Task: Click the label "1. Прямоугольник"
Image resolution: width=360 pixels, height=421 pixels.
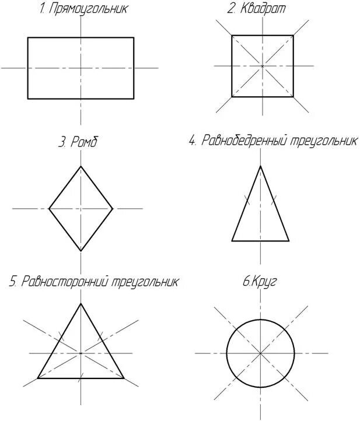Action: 84,9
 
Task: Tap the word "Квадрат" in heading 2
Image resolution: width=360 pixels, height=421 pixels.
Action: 267,9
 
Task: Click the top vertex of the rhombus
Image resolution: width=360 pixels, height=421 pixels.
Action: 81,166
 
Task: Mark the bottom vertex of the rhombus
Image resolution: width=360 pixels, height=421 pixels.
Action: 81,251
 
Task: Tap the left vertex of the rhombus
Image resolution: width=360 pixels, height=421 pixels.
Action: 48,208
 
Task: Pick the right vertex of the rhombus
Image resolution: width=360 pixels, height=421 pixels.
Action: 113,208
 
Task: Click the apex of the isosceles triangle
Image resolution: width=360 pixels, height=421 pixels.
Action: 260,166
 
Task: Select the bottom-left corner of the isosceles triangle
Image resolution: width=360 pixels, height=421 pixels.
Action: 232,240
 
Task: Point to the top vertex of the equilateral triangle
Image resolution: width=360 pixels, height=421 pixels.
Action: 81,303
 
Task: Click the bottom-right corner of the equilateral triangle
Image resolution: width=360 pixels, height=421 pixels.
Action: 124,378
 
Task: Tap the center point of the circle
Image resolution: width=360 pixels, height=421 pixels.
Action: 260,353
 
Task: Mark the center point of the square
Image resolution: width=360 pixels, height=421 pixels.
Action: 263,66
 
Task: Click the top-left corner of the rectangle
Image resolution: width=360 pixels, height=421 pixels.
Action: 28,38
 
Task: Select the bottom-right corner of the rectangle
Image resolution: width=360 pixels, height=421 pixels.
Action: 134,99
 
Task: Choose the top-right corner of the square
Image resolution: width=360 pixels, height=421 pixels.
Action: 293,36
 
